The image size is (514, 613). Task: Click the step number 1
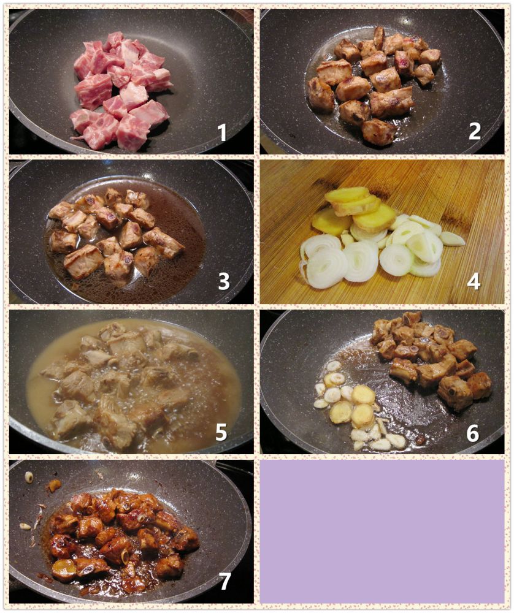[x=222, y=132]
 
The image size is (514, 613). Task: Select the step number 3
[x=223, y=281]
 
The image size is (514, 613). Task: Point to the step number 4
[x=474, y=281]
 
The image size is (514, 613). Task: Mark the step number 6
[x=472, y=433]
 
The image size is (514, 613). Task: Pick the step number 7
[x=224, y=581]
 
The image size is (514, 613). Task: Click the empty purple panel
[x=382, y=531]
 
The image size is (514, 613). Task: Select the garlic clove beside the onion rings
[x=452, y=238]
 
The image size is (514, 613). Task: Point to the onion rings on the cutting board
[x=372, y=251]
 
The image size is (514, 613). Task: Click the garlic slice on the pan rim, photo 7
[x=29, y=476]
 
